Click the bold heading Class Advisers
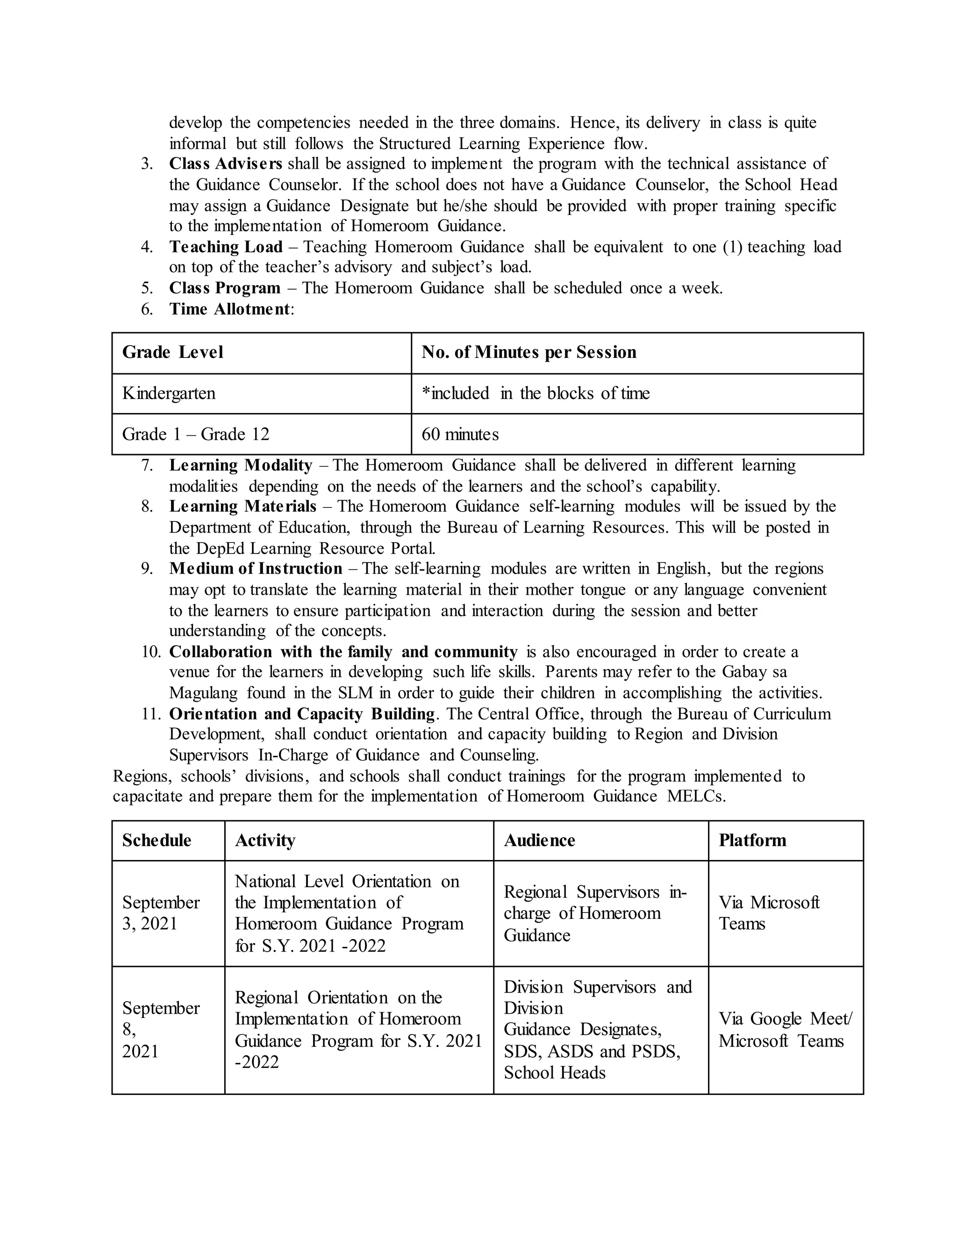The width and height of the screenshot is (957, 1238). tap(225, 164)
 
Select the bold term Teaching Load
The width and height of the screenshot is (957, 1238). tap(225, 247)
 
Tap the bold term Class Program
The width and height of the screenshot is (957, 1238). tap(224, 288)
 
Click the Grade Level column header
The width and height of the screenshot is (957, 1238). tap(172, 352)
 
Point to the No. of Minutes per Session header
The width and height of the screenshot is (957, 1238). tap(528, 352)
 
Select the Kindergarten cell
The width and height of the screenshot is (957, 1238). tap(169, 393)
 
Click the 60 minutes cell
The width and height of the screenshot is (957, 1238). tap(460, 434)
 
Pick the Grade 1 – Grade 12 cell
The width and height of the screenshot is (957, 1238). tap(196, 434)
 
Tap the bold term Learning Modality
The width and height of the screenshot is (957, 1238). tap(240, 465)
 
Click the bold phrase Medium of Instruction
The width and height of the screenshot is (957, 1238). tap(255, 569)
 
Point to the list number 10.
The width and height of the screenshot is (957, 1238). tap(151, 652)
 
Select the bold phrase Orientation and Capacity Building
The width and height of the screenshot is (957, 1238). tap(301, 714)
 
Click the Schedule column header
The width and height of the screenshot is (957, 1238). tap(157, 840)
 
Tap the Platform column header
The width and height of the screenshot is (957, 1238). tap(752, 840)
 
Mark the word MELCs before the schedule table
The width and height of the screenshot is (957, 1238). tap(696, 797)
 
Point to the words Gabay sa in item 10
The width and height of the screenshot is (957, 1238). tap(754, 672)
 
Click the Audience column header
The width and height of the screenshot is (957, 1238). tap(539, 840)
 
